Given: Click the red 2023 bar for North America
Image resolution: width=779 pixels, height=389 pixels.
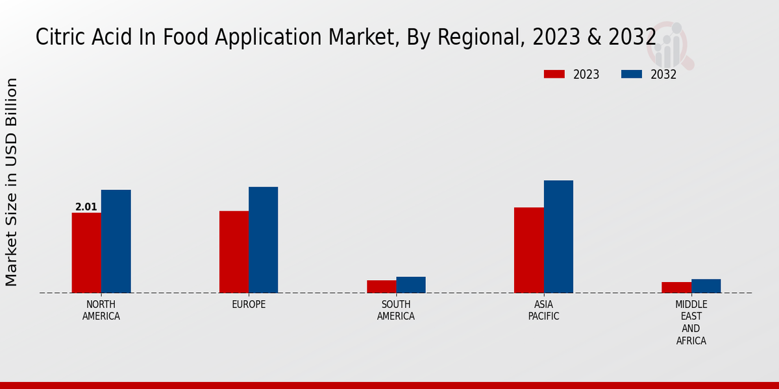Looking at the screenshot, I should tap(86, 253).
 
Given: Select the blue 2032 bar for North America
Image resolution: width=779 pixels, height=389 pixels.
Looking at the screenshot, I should tap(116, 241).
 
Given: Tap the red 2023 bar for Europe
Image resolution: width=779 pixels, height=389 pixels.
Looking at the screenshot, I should tap(234, 252).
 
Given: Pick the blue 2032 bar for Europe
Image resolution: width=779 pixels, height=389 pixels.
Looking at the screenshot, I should tap(264, 240).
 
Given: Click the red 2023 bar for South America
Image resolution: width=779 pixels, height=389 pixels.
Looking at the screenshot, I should tap(381, 287).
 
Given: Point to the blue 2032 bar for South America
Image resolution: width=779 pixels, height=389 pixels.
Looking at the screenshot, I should tap(411, 285).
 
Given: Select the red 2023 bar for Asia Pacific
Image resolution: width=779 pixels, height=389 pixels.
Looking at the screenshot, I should tap(529, 250).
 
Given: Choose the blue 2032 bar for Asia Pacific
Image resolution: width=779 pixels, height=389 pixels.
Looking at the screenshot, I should tap(558, 237).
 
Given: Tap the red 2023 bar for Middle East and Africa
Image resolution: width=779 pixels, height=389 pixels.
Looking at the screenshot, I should tap(676, 287).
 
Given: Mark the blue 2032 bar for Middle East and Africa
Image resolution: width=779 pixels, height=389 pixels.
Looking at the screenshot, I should tap(706, 286).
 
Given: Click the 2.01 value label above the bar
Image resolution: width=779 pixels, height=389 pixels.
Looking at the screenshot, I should tap(86, 207).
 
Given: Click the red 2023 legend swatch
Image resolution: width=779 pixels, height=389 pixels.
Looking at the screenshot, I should tap(554, 75).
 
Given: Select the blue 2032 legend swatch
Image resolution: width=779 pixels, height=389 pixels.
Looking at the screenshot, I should tap(632, 75).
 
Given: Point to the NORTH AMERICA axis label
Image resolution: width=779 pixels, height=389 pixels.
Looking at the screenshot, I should tap(101, 311).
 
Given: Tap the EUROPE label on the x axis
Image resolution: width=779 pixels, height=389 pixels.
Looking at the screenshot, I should tap(249, 305).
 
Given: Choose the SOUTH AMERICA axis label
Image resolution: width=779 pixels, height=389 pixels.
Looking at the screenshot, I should tap(396, 311).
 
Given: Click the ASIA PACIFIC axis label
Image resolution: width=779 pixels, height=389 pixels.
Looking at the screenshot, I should tap(543, 311).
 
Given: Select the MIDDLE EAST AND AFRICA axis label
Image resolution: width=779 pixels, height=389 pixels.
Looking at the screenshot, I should tap(691, 322).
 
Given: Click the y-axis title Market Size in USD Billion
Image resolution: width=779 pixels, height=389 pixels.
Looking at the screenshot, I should tap(12, 182).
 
